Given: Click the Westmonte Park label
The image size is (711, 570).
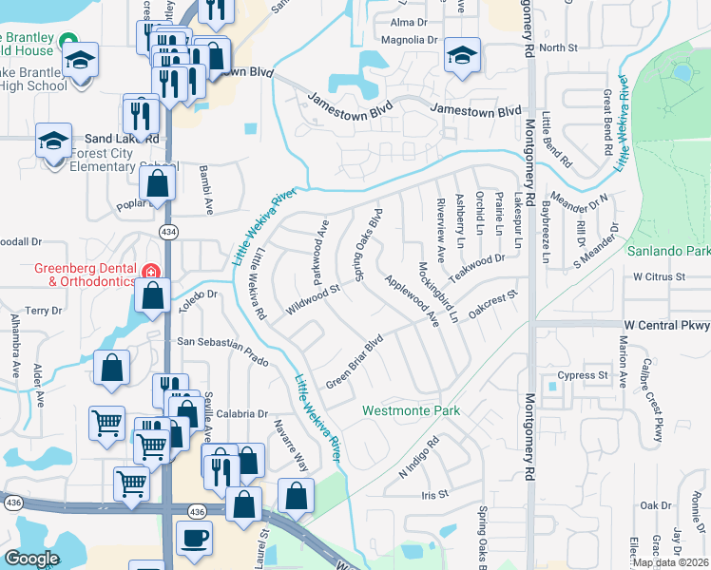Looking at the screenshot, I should pos(411,411).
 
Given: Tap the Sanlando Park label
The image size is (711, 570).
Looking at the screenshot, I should pos(668,252).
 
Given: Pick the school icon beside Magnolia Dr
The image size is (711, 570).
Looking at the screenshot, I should pos(462,56).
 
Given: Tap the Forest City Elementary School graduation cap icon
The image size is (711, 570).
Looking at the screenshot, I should pos(54,142).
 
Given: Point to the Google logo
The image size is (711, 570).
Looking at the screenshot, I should pos(31,559).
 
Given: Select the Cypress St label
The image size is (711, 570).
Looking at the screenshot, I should pos(583,375).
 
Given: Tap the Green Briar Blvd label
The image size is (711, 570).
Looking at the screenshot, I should pos(355,360).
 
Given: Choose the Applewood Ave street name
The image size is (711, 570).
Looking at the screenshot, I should pos(412,300).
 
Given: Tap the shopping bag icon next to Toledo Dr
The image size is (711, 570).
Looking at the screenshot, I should pos(152,296).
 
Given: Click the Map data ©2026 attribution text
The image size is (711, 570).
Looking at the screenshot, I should pos(670,562).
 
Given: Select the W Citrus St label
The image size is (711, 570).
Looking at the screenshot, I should pos(659,276).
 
